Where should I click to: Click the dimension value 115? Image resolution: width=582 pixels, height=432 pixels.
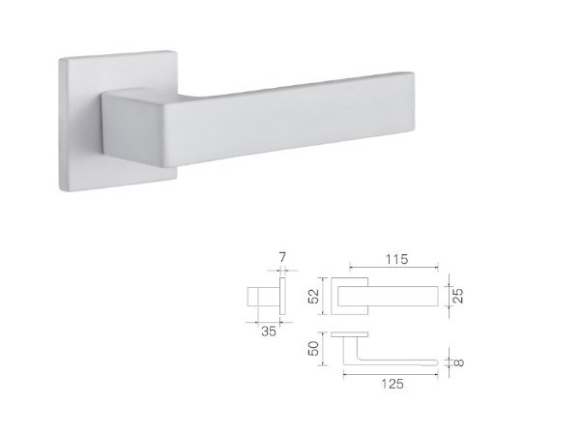pyautogui.click(x=396, y=259)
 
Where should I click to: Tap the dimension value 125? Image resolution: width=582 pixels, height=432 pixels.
pyautogui.click(x=393, y=384)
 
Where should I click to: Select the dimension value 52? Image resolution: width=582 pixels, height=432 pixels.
pyautogui.click(x=314, y=296)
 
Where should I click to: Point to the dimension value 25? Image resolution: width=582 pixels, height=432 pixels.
pyautogui.click(x=459, y=296)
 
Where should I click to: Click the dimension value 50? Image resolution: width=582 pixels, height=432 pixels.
pyautogui.click(x=314, y=349)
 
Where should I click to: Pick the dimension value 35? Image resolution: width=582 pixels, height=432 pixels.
pyautogui.click(x=269, y=331)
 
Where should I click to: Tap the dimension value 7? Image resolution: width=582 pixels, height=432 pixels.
pyautogui.click(x=282, y=257)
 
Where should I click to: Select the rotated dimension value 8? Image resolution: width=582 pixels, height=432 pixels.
pyautogui.click(x=459, y=362)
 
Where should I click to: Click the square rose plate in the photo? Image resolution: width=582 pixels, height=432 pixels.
pyautogui.click(x=81, y=123)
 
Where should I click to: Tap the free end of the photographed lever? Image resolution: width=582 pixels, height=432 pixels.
pyautogui.click(x=413, y=101)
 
